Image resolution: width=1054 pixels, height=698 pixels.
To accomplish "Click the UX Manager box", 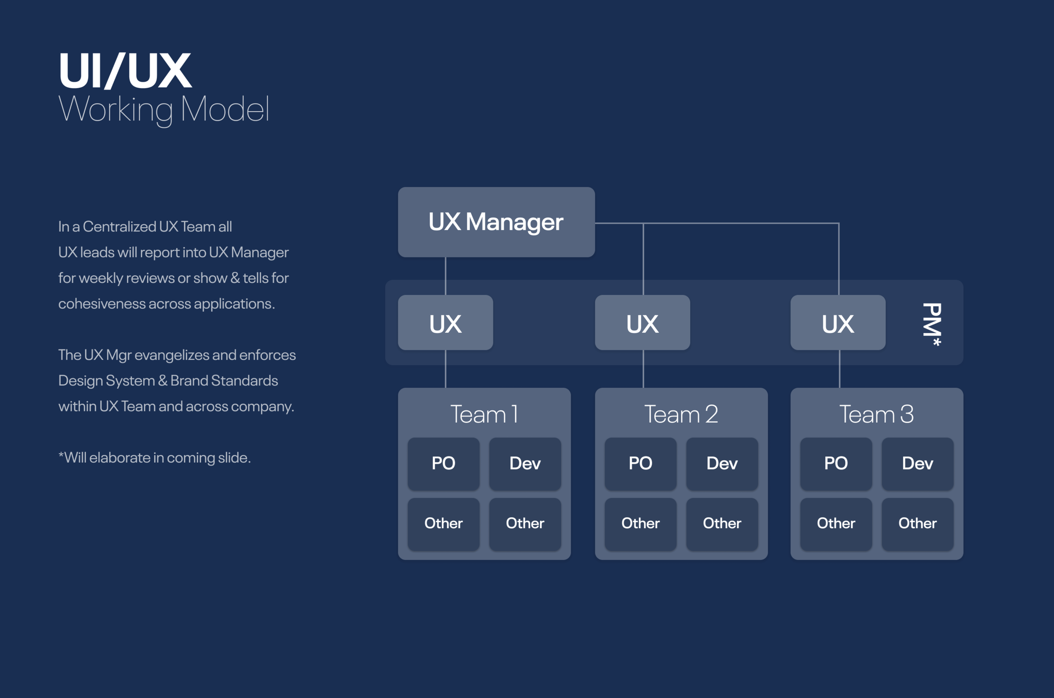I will click(x=496, y=222).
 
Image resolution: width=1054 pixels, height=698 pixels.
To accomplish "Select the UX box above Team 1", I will click(x=445, y=323).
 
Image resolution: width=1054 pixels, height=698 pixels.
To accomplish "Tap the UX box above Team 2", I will click(x=642, y=323).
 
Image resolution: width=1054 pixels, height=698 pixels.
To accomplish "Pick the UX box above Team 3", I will click(x=838, y=323).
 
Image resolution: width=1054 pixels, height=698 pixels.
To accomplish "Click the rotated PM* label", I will click(x=932, y=324).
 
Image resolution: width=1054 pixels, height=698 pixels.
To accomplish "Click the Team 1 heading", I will click(x=484, y=414).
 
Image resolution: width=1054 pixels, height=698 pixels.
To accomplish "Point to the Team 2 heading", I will click(x=681, y=414).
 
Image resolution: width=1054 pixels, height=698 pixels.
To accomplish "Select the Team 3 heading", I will click(x=877, y=414).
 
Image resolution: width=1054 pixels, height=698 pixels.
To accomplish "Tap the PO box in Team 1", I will click(x=444, y=463).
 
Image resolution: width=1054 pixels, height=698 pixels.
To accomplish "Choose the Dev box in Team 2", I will click(x=722, y=463).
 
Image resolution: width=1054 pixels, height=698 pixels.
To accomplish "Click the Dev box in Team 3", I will click(x=917, y=463).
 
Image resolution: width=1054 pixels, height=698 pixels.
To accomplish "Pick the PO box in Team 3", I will click(x=836, y=463).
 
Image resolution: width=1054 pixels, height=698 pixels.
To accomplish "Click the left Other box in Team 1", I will click(x=444, y=523).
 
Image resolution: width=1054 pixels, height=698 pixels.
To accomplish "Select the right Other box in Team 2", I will click(x=722, y=523).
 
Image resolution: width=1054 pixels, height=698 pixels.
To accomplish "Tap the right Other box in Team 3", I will click(x=917, y=523).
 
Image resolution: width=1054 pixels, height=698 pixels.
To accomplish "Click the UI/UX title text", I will click(x=125, y=71).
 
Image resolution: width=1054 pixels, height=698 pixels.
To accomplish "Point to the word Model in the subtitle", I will click(x=225, y=109).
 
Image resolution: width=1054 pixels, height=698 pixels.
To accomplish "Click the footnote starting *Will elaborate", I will click(x=154, y=458).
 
